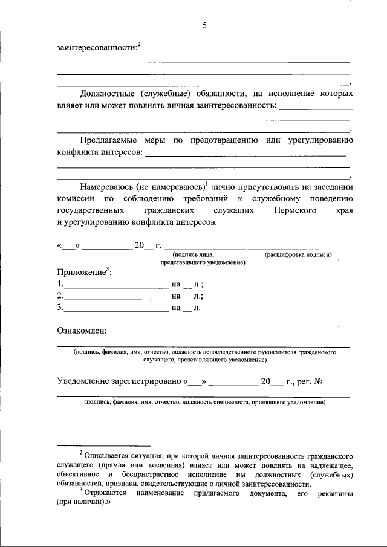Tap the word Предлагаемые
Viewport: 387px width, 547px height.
[x=109, y=140]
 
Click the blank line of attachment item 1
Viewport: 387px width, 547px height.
[x=116, y=285]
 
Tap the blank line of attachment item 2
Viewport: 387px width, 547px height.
[x=116, y=297]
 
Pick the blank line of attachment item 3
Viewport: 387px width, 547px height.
[x=116, y=309]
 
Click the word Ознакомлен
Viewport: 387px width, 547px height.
[x=82, y=331]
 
